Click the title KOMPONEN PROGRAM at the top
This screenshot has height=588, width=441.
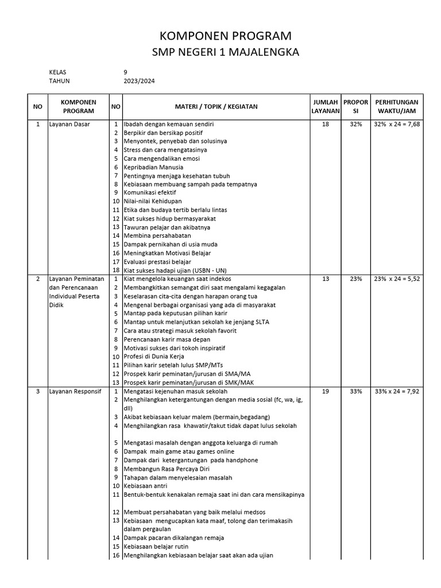225,36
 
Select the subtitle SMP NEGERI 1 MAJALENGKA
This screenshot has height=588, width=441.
225,53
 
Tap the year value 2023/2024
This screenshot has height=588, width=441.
139,81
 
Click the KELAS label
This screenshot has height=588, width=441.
58,72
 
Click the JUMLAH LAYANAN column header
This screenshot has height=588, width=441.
325,106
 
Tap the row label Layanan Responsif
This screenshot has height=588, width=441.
75,391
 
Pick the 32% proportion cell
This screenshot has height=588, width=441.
355,124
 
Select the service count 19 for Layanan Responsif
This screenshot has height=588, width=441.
326,391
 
